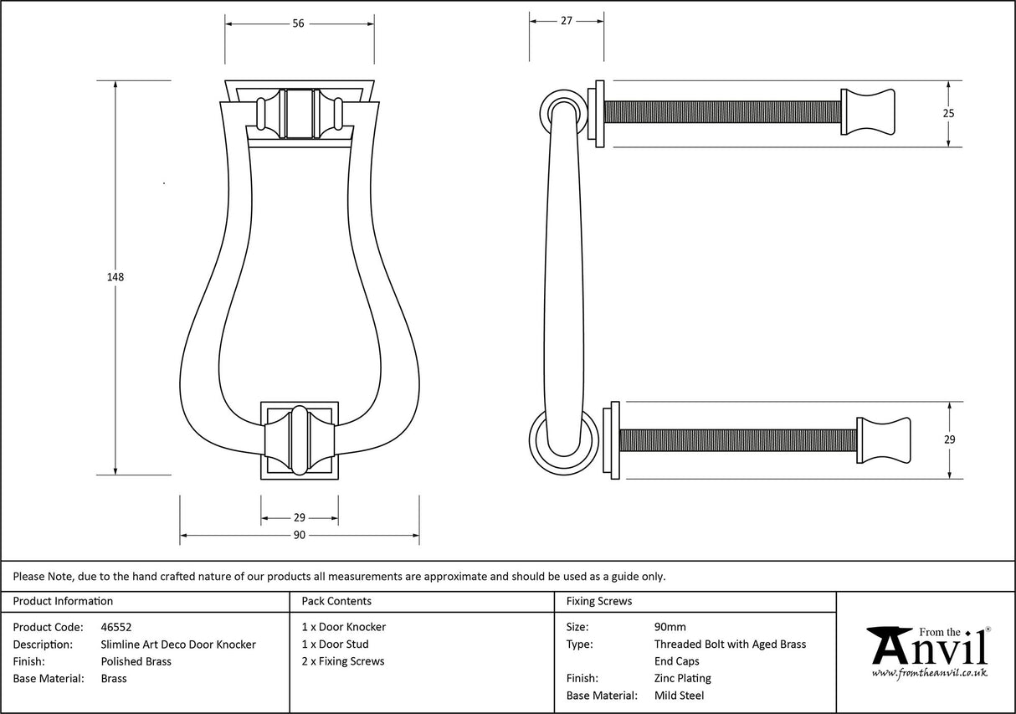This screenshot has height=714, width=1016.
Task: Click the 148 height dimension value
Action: (115, 277)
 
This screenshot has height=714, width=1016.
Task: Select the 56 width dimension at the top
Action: (298, 23)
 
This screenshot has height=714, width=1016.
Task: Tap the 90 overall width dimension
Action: (299, 536)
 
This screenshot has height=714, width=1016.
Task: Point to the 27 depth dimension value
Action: (566, 21)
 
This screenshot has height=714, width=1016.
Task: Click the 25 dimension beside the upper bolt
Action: (948, 113)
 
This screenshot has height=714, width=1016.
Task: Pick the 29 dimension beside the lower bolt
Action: (949, 439)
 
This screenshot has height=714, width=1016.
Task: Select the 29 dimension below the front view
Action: (299, 518)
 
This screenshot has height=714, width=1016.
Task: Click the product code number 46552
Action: (115, 627)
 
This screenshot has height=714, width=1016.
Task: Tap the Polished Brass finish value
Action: (136, 661)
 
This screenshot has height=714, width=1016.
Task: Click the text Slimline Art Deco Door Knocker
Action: (177, 645)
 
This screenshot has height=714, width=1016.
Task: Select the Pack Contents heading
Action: (336, 601)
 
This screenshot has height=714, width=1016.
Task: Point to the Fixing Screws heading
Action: (599, 601)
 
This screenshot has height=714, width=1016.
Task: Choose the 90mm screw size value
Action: (670, 627)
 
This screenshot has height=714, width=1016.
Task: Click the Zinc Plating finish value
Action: (682, 678)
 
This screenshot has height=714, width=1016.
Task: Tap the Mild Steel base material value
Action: (679, 696)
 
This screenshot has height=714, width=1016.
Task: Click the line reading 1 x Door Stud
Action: (335, 645)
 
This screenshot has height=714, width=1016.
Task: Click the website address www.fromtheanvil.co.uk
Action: (929, 672)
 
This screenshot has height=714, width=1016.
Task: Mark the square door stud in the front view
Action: (299, 440)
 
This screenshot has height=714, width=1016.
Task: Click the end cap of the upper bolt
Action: (868, 112)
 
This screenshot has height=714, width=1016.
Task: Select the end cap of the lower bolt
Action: (883, 439)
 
